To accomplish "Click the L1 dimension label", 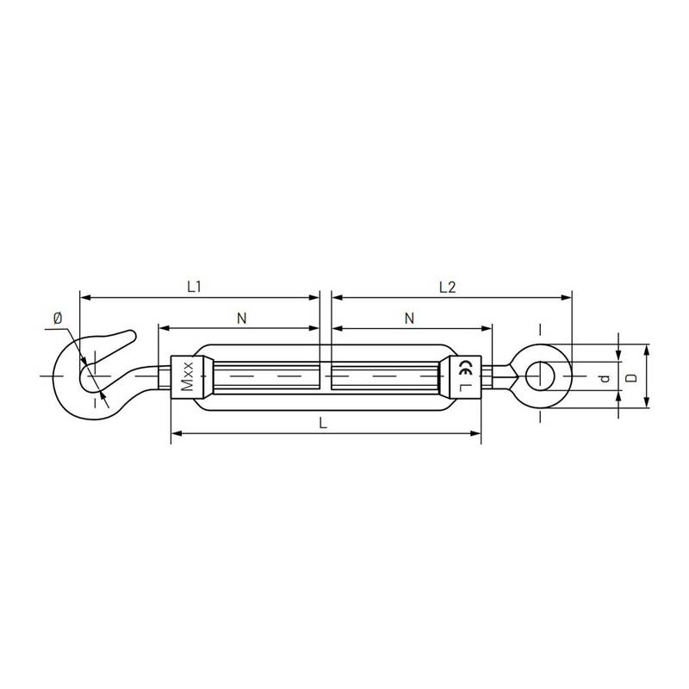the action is click(194, 287).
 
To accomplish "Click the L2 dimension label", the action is click(447, 288).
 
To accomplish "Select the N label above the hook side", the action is click(242, 318).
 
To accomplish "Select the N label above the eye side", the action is click(409, 318).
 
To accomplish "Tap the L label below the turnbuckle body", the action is click(323, 423).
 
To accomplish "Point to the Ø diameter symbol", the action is click(58, 318).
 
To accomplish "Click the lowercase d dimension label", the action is click(605, 378).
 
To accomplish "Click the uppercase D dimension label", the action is click(631, 377).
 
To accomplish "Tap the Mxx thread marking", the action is click(187, 376).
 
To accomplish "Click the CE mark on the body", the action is click(465, 368).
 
